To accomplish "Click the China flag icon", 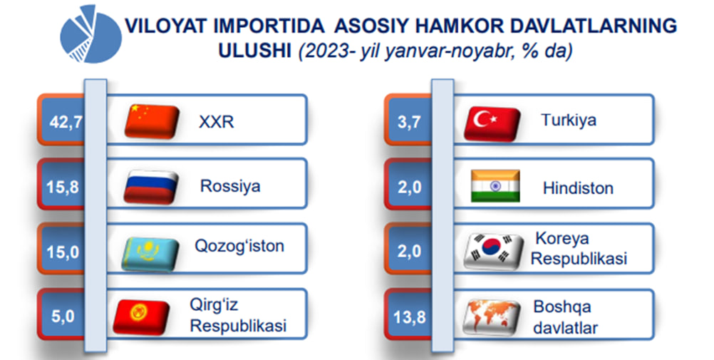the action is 152,121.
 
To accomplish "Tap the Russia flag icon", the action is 151,186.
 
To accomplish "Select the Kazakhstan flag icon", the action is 150,254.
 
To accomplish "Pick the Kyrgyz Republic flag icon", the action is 141,317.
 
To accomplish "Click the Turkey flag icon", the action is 492,123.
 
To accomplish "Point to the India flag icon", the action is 495,186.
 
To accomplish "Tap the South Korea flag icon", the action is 493,251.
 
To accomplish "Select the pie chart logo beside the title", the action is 90,34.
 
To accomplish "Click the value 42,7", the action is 66,122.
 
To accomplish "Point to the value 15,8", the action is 63,187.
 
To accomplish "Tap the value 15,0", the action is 63,252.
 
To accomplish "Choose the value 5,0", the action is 63,317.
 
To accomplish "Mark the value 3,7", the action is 409,122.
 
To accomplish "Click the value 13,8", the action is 410,317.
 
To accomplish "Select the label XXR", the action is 217,122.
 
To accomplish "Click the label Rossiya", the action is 230,186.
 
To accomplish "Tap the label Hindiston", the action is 579,187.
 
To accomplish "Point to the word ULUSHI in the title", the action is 255,51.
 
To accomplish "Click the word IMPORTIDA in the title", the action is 269,26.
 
